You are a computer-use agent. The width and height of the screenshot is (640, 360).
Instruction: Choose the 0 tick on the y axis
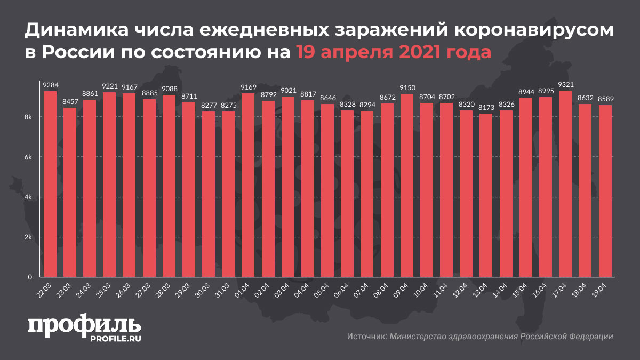[31, 277]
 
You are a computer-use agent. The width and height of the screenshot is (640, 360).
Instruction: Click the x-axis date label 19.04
[603, 290]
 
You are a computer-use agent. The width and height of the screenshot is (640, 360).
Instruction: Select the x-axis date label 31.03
[226, 290]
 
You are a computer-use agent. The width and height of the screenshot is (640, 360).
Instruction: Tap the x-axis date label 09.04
[404, 290]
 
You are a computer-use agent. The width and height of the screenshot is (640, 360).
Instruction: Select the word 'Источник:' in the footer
[366, 337]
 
